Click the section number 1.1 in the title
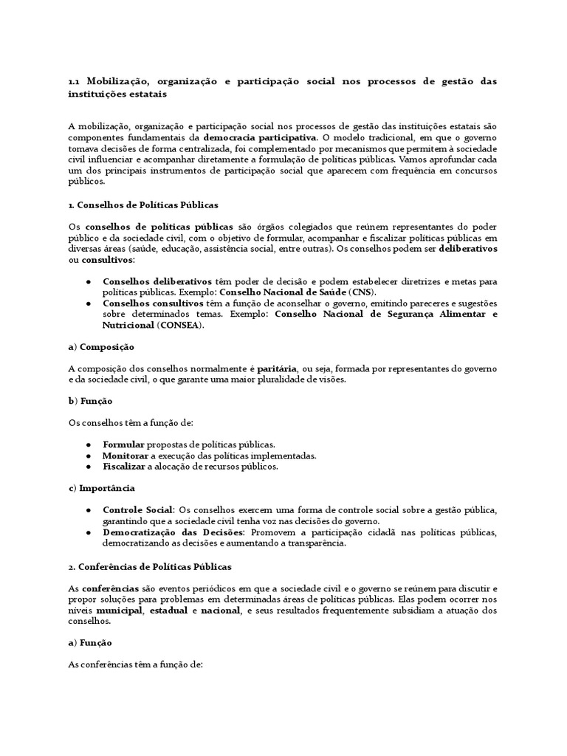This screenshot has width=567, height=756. coord(74,81)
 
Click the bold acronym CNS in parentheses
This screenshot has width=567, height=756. coord(361,292)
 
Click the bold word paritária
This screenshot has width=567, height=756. coord(277,368)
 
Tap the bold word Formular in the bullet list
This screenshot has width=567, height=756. coord(124,445)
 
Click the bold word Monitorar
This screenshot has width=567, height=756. coord(127,456)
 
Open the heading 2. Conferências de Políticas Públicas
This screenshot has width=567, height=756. coord(150,566)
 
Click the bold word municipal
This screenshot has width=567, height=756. coord(117,611)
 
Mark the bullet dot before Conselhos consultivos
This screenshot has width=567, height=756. coord(89,303)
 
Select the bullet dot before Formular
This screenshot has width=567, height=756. coord(89,445)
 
